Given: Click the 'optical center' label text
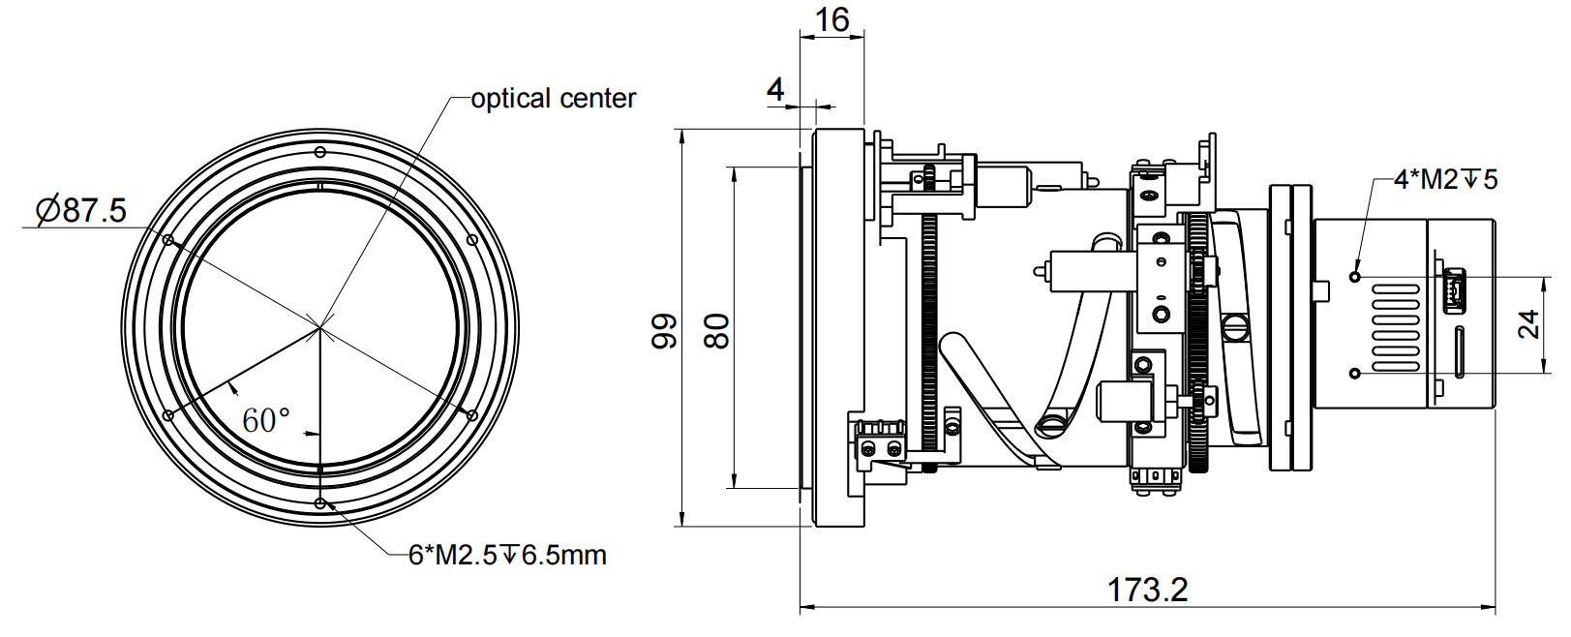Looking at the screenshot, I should click(x=553, y=99).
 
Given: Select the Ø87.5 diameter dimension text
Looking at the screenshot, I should click(x=81, y=210).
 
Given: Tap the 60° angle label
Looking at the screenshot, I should click(x=265, y=421).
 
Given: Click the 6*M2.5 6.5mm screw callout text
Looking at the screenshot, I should click(x=507, y=556).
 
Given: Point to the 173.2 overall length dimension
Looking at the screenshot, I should click(x=1147, y=590).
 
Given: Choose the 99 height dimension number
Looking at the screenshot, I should click(x=664, y=330).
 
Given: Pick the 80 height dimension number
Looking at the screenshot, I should click(x=716, y=330).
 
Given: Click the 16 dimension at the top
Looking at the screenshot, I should click(x=831, y=19).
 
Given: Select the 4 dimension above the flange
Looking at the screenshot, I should click(x=775, y=89).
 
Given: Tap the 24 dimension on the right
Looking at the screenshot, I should click(x=1527, y=324).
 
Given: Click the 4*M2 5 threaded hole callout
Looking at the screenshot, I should click(x=1445, y=179).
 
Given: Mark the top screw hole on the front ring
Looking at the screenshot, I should click(x=320, y=151).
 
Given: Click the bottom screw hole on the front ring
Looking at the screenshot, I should click(x=320, y=503).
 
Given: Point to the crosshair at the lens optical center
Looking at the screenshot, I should click(x=320, y=327).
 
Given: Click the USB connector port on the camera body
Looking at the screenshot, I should click(x=1452, y=290).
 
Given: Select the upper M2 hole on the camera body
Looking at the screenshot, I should click(x=1355, y=276).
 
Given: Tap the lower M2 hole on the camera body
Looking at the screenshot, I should click(x=1355, y=373).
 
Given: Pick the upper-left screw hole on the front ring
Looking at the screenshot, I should click(x=168, y=240).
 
